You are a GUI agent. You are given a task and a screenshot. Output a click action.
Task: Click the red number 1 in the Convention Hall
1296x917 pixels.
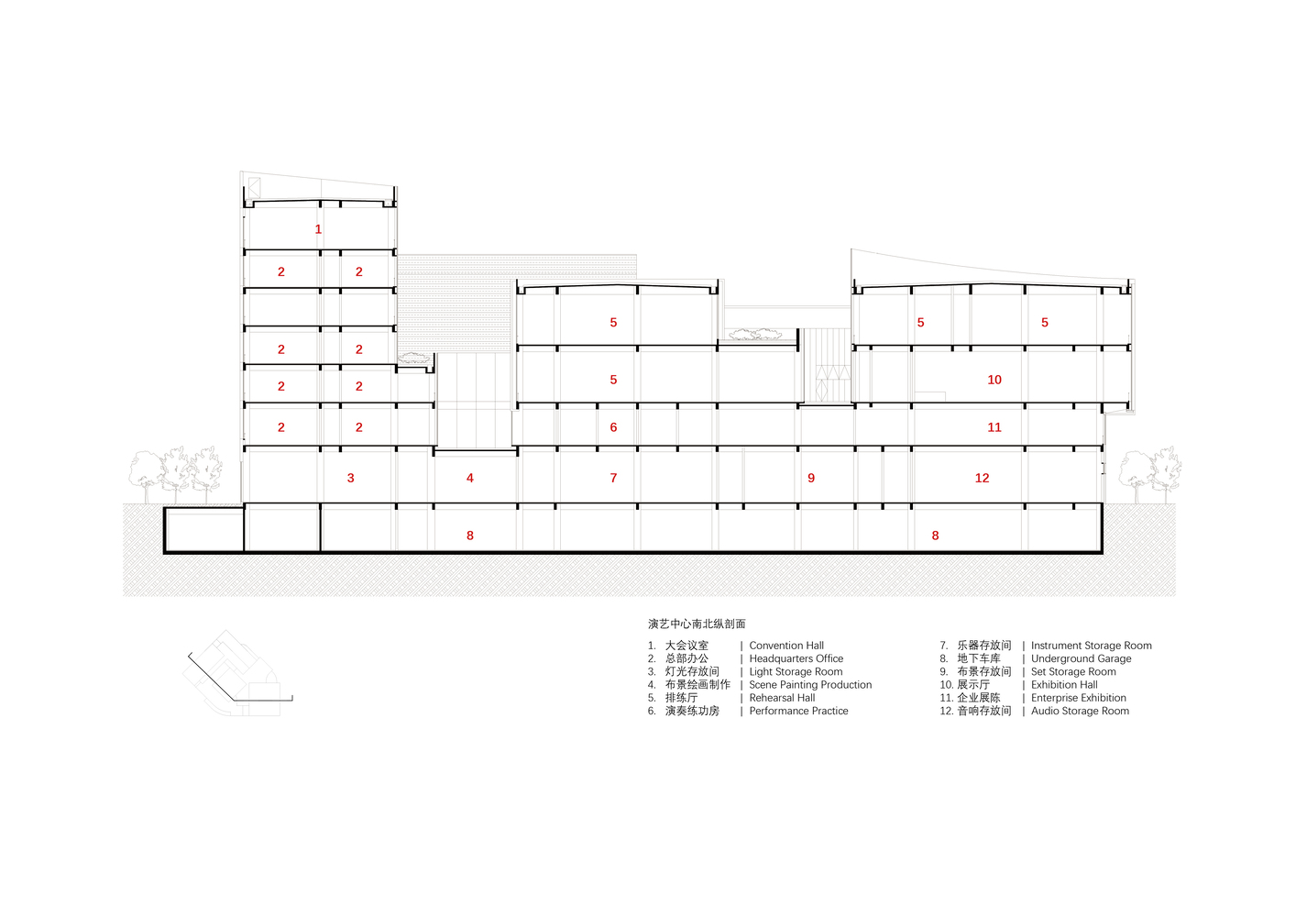click(318, 229)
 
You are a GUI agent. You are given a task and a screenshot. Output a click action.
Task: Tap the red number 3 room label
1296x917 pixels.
click(351, 478)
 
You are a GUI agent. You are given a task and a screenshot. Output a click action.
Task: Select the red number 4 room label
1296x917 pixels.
click(470, 478)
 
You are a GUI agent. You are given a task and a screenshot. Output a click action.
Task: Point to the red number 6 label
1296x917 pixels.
click(613, 427)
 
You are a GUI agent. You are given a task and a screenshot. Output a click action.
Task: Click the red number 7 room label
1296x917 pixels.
click(613, 478)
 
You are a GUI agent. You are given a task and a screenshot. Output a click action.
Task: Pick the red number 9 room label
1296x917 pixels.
click(811, 478)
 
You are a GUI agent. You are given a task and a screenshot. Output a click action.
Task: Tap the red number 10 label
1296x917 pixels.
click(994, 380)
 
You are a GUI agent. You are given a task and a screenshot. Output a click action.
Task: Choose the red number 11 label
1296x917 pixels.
click(994, 427)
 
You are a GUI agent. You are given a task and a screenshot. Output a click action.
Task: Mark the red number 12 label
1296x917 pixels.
click(982, 478)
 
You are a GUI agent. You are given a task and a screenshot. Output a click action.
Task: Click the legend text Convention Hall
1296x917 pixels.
click(786, 646)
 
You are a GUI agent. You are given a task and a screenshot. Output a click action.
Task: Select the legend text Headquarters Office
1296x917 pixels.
click(796, 658)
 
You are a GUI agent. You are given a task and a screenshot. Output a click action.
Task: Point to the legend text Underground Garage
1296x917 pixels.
click(1081, 658)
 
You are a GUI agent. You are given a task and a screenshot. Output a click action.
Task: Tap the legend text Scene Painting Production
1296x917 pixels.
click(810, 685)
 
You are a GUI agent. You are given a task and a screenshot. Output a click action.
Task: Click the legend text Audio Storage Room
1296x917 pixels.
click(1080, 711)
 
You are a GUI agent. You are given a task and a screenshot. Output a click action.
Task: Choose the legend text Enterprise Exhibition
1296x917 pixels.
click(1079, 698)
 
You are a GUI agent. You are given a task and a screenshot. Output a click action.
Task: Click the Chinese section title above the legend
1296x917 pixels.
click(697, 624)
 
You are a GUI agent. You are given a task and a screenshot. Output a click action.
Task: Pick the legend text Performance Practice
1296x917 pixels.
click(798, 711)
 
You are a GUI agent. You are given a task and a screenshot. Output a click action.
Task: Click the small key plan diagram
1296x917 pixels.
click(237, 673)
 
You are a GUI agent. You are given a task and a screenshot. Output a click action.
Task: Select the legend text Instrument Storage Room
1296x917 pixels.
click(1092, 646)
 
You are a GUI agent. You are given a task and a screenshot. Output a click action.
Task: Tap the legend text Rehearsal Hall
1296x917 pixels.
click(782, 698)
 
